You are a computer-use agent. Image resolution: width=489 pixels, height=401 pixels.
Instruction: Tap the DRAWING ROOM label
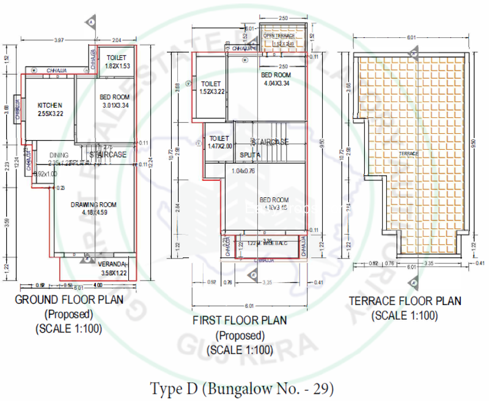93,204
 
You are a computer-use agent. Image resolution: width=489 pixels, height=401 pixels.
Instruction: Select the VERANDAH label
112,264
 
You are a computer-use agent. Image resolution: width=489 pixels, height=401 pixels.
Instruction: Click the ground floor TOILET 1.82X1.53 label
116,58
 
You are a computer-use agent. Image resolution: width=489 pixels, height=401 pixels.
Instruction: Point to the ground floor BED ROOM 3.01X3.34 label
114,97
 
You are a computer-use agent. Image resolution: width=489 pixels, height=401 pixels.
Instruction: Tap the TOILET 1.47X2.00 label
219,139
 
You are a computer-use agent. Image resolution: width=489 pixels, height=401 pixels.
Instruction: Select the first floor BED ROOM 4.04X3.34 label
275,75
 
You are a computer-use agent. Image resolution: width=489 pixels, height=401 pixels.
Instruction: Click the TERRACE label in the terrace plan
410,153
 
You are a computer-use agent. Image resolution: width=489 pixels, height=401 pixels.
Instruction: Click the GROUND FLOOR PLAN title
69,300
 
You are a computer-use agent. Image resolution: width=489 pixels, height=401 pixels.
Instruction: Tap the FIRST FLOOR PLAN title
239,320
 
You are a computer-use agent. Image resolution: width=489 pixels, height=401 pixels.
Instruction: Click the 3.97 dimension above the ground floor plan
59,40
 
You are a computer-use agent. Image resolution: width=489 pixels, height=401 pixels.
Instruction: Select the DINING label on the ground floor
59,155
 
